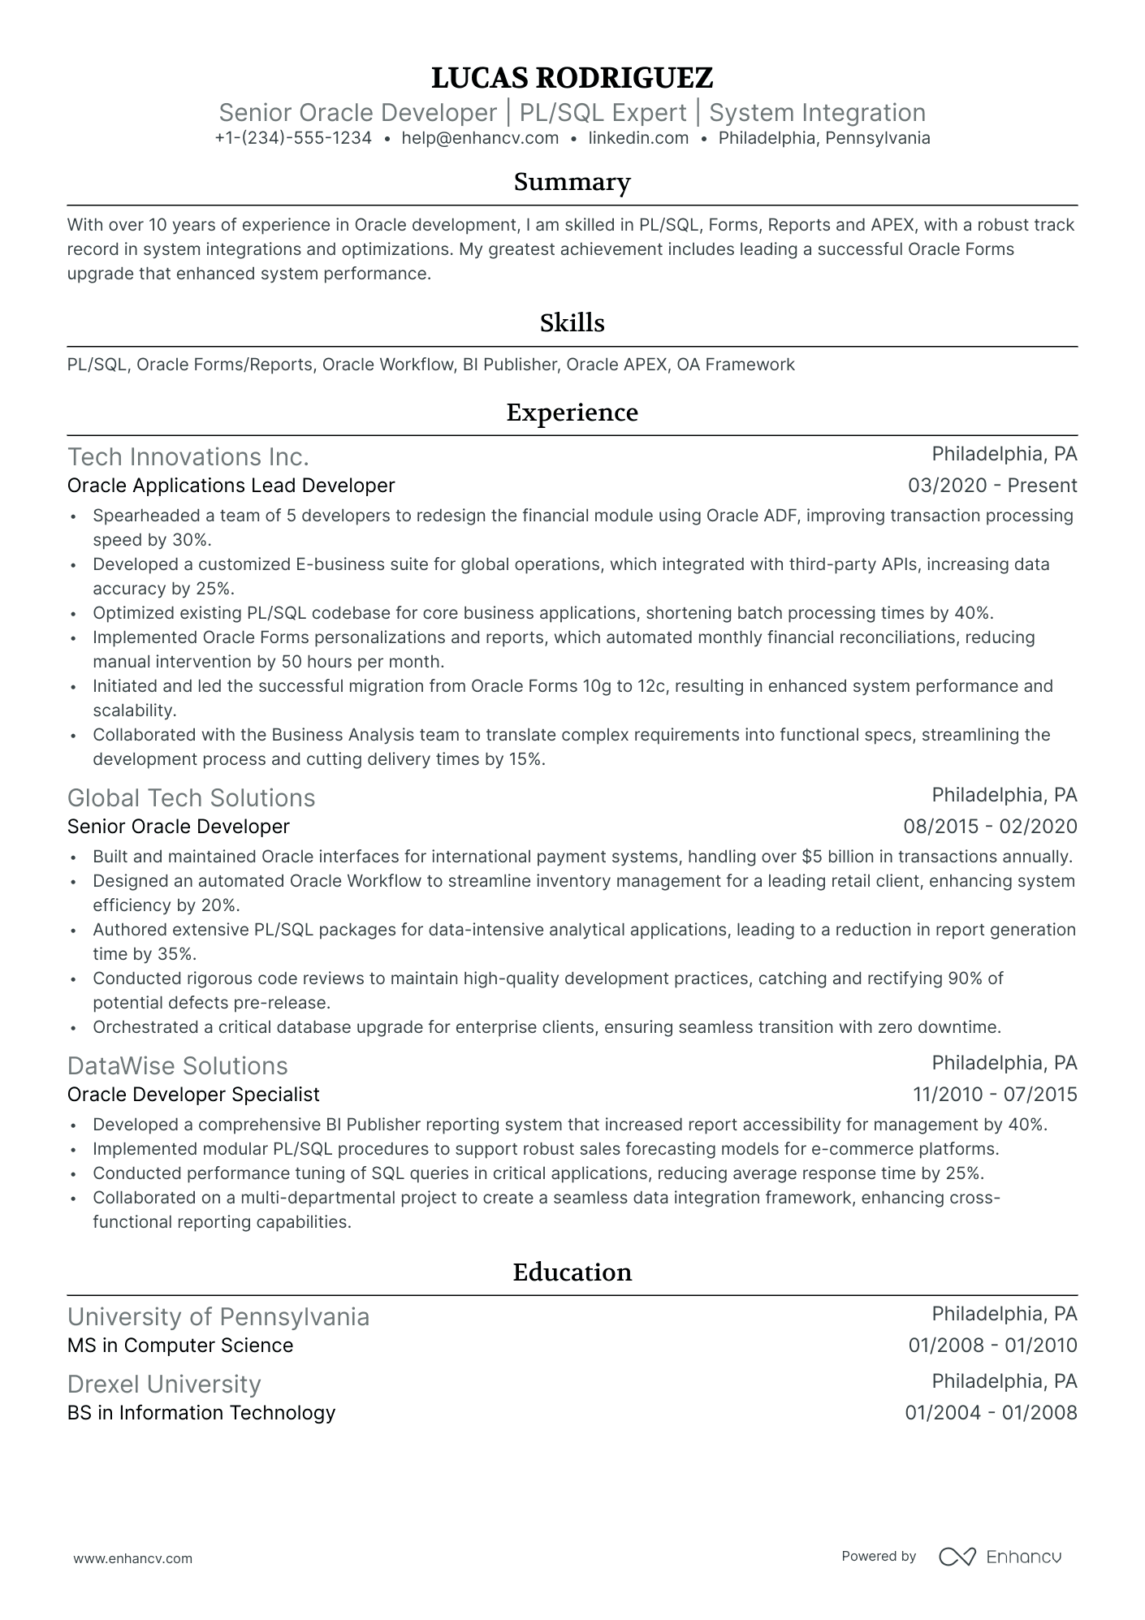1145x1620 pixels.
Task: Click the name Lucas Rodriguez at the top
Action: tap(572, 78)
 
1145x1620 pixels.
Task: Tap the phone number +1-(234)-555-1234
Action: tap(293, 138)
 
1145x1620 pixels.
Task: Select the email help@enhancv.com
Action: tap(480, 138)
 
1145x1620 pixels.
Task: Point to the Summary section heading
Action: tap(572, 182)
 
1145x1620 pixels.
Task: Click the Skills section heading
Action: tap(572, 323)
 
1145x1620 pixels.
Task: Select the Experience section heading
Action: tap(572, 413)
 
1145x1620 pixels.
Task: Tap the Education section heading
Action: tap(572, 1272)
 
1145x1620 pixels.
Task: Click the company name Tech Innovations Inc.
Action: tap(188, 457)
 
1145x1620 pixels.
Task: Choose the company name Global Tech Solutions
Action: tap(191, 798)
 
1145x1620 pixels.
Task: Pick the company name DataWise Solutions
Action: tap(177, 1066)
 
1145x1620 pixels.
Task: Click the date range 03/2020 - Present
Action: tap(992, 486)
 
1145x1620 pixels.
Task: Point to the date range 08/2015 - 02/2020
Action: tap(990, 827)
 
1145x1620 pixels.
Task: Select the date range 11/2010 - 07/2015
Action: tap(995, 1095)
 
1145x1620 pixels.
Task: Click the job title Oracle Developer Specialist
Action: tap(193, 1095)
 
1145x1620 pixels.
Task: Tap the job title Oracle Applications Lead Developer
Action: tap(231, 486)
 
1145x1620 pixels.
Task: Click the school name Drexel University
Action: tap(164, 1385)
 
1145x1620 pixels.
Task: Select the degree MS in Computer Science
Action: tap(180, 1346)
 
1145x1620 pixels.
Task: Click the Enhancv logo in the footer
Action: tap(1000, 1557)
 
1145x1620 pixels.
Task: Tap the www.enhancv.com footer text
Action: tap(132, 1558)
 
